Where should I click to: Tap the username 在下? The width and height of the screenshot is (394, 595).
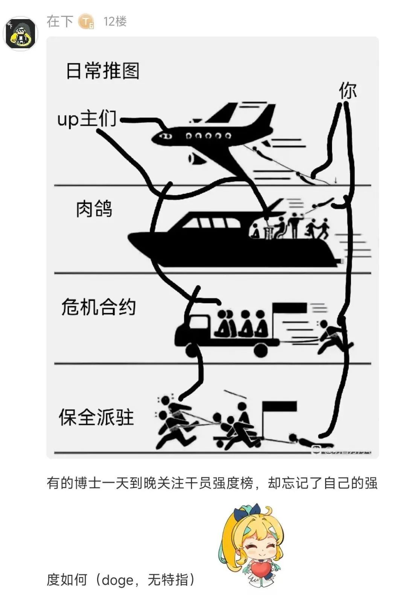[x=59, y=21]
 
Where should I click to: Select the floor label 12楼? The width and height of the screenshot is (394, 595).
[x=115, y=21]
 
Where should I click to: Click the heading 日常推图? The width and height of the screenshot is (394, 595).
[x=102, y=71]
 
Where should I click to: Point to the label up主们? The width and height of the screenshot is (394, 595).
[x=87, y=119]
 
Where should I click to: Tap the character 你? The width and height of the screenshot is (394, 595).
[x=347, y=91]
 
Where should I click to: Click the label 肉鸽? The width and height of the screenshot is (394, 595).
[x=94, y=209]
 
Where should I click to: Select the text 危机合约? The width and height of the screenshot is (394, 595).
[x=98, y=307]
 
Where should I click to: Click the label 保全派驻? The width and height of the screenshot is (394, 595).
[x=96, y=417]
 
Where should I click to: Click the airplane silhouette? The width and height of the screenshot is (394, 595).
[x=211, y=135]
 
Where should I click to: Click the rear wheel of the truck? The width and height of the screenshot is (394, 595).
[x=260, y=350]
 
